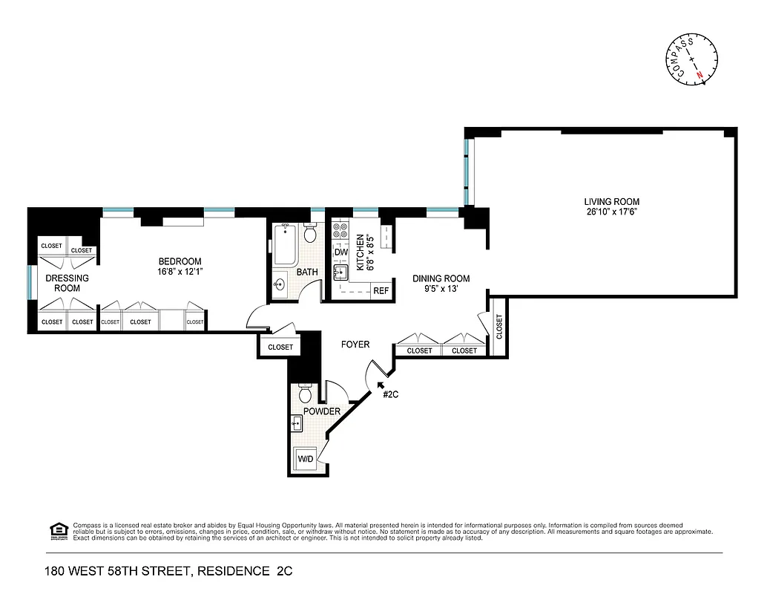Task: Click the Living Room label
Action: pyautogui.click(x=611, y=201)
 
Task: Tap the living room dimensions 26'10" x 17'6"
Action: pyautogui.click(x=611, y=212)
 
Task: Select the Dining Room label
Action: pyautogui.click(x=441, y=279)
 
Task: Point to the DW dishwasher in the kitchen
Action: pyautogui.click(x=340, y=252)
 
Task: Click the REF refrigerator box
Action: pyautogui.click(x=381, y=290)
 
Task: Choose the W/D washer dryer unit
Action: pyautogui.click(x=306, y=460)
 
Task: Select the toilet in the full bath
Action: pyautogui.click(x=310, y=234)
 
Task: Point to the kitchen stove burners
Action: pyautogui.click(x=340, y=231)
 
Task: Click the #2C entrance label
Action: pyautogui.click(x=391, y=394)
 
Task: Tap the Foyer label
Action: pyautogui.click(x=355, y=345)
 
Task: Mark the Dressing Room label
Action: pyautogui.click(x=67, y=283)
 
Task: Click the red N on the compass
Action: pyautogui.click(x=699, y=75)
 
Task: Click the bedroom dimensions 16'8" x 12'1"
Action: pyautogui.click(x=180, y=272)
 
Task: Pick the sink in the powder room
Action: pyautogui.click(x=296, y=424)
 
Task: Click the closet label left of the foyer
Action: pyautogui.click(x=280, y=347)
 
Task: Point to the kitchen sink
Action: pyautogui.click(x=340, y=272)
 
